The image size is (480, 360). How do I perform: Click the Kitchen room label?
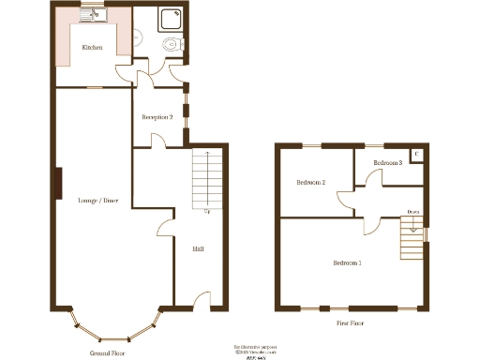[92, 47]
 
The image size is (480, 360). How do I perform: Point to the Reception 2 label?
[157, 117]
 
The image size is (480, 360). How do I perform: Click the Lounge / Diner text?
[97, 201]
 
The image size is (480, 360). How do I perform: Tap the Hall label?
[199, 248]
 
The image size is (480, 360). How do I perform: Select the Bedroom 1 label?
[346, 263]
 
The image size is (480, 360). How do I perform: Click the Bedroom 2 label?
[310, 182]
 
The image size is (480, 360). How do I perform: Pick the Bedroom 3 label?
[387, 163]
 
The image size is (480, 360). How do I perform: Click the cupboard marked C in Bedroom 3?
[416, 154]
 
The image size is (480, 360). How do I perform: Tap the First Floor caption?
[350, 322]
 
